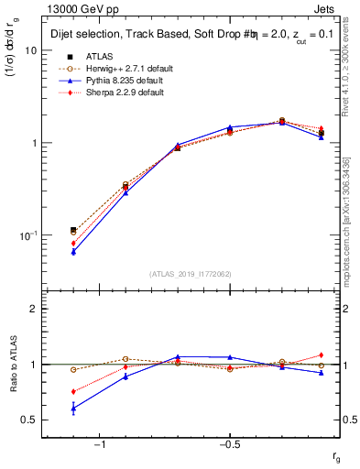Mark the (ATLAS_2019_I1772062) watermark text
(x=191, y=273)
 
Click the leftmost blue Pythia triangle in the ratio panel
(x=73, y=409)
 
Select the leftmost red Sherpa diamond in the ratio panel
(x=73, y=391)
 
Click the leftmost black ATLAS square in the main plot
(x=73, y=230)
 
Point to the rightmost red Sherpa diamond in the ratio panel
(x=322, y=354)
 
